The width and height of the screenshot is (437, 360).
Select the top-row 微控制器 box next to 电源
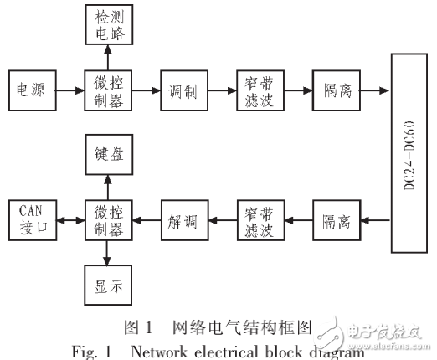click(105, 89)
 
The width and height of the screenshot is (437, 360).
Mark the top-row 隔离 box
click(334, 89)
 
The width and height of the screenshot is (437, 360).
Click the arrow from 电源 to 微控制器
click(69, 89)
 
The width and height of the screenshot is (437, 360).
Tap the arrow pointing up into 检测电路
click(105, 56)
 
